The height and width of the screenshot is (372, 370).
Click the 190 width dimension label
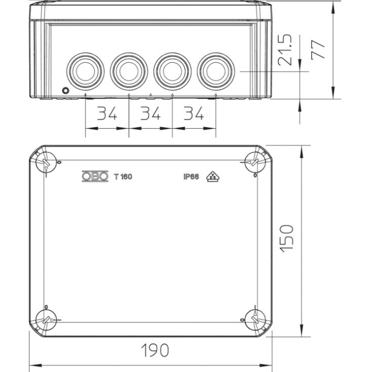(x=155, y=350)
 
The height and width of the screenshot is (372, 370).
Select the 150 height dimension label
(x=287, y=238)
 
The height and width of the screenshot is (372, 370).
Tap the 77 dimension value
(x=318, y=49)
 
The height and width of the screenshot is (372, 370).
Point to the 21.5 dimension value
(x=285, y=50)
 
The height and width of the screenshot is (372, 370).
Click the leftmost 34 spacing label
(x=107, y=113)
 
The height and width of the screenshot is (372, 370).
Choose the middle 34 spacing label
(x=151, y=113)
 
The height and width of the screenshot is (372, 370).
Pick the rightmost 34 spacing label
(x=194, y=113)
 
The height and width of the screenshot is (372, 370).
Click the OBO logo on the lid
(x=95, y=176)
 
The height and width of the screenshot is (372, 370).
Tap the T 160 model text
(x=123, y=177)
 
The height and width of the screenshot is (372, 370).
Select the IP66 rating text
(x=191, y=177)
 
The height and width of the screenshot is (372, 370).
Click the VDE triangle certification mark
(x=213, y=176)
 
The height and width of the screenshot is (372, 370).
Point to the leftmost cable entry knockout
(x=86, y=71)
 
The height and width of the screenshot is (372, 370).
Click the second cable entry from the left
(x=129, y=71)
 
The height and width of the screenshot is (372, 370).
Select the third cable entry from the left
(x=172, y=71)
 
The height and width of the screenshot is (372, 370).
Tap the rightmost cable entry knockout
(x=216, y=71)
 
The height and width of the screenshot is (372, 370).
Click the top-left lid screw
(x=46, y=162)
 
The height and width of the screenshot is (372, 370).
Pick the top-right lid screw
(x=255, y=162)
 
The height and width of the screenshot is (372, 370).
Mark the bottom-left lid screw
(x=46, y=320)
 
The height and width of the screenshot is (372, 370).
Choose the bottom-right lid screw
(x=255, y=320)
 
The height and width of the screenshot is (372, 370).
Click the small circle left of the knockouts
(x=65, y=90)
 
